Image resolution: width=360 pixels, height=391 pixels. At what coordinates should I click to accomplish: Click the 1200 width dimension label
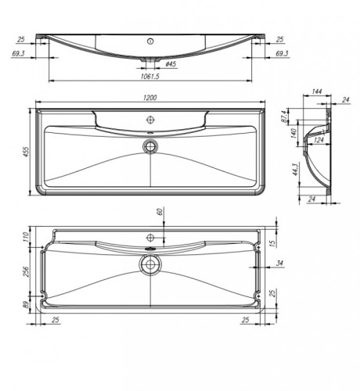(150, 98)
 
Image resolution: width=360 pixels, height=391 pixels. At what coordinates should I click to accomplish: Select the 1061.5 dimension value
(150, 76)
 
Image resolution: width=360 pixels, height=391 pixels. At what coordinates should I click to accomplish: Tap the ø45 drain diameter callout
(170, 64)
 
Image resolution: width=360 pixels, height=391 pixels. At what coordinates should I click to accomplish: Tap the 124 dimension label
(319, 140)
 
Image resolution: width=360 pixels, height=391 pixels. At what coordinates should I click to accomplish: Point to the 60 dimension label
(160, 212)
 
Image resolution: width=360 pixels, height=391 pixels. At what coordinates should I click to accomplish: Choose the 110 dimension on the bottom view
(24, 236)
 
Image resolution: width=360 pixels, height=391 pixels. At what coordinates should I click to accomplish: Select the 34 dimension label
(279, 263)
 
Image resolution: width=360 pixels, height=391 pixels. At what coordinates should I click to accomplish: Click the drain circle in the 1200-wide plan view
(149, 145)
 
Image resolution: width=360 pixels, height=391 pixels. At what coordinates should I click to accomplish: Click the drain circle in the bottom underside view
(149, 264)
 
